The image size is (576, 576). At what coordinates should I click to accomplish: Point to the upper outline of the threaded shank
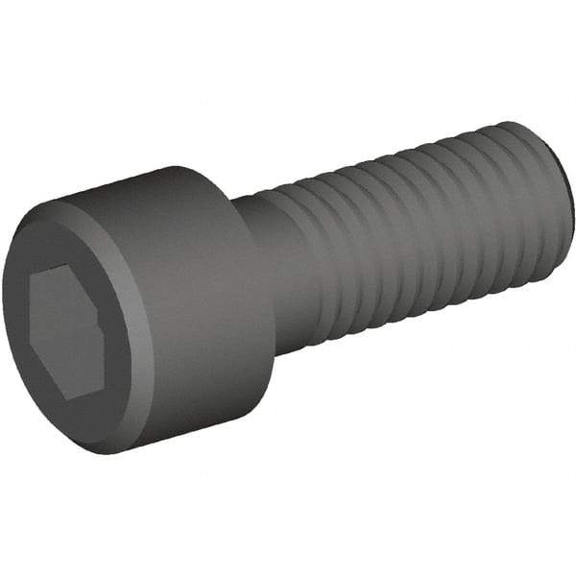pos(403,147)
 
